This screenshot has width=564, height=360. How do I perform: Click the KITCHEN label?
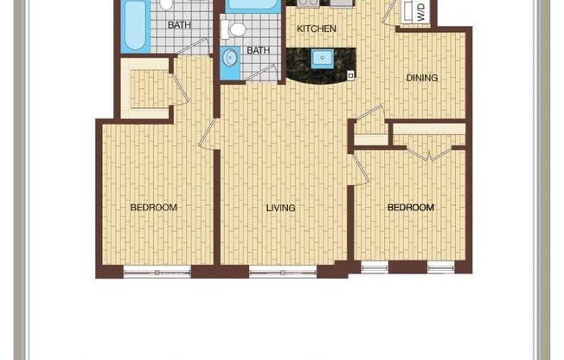(317, 29)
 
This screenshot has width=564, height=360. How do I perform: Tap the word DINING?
(422, 78)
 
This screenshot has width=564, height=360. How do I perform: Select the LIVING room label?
(281, 208)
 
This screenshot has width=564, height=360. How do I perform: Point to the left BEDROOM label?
(154, 207)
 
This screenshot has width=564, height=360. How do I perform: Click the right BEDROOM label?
(410, 208)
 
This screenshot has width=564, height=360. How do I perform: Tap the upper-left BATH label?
(179, 25)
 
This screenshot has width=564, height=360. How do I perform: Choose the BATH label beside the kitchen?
(258, 50)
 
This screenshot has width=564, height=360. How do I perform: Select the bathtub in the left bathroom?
(134, 25)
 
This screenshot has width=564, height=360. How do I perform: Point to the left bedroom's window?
(156, 273)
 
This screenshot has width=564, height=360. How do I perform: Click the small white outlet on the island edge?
(350, 75)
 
